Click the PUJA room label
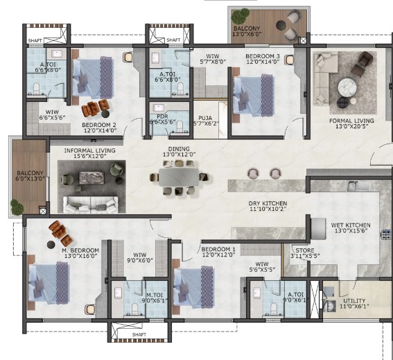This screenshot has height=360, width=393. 205,118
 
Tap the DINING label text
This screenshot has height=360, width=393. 179,149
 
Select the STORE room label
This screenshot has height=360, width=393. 305,250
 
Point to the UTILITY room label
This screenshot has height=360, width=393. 354,301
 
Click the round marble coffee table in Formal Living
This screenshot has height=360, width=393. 347,87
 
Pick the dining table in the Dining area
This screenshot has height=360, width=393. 179,177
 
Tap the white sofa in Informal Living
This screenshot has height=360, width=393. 91,204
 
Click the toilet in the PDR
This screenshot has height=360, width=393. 180,126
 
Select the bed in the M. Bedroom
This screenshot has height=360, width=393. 49,283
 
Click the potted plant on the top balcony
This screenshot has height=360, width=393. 240,15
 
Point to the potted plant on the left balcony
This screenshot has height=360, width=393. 17,207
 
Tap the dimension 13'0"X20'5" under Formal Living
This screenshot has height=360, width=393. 351,126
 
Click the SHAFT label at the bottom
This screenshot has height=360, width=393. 139,334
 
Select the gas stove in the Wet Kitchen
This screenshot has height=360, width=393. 385,234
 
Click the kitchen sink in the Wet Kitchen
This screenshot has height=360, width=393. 358,186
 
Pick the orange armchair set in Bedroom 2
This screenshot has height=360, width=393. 95,108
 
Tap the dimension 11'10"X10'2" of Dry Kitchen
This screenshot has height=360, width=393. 268,209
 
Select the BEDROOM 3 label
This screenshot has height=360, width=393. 263,56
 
